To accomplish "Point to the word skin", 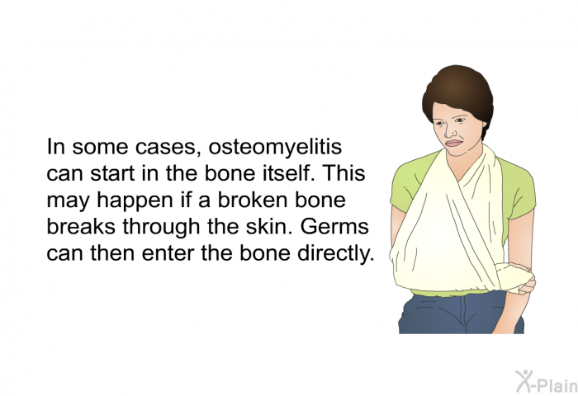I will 265,227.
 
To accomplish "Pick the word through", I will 173,227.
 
